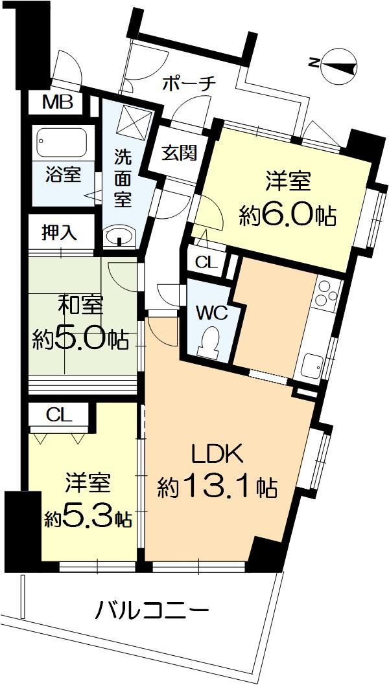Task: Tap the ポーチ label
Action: pos(188,84)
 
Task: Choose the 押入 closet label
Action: pos(59,232)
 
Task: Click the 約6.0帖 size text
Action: pos(287,214)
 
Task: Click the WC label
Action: pos(212,313)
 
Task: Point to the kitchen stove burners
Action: pos(328,295)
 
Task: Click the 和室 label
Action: pos(82,304)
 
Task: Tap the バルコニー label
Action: pos(153,610)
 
